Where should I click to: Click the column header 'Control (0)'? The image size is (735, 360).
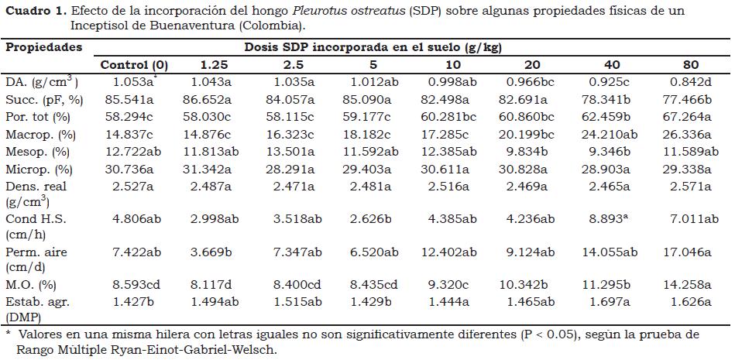pyautogui.click(x=134, y=64)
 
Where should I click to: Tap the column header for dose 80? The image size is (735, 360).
pyautogui.click(x=685, y=64)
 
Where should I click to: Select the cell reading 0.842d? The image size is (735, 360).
pyautogui.click(x=685, y=81)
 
